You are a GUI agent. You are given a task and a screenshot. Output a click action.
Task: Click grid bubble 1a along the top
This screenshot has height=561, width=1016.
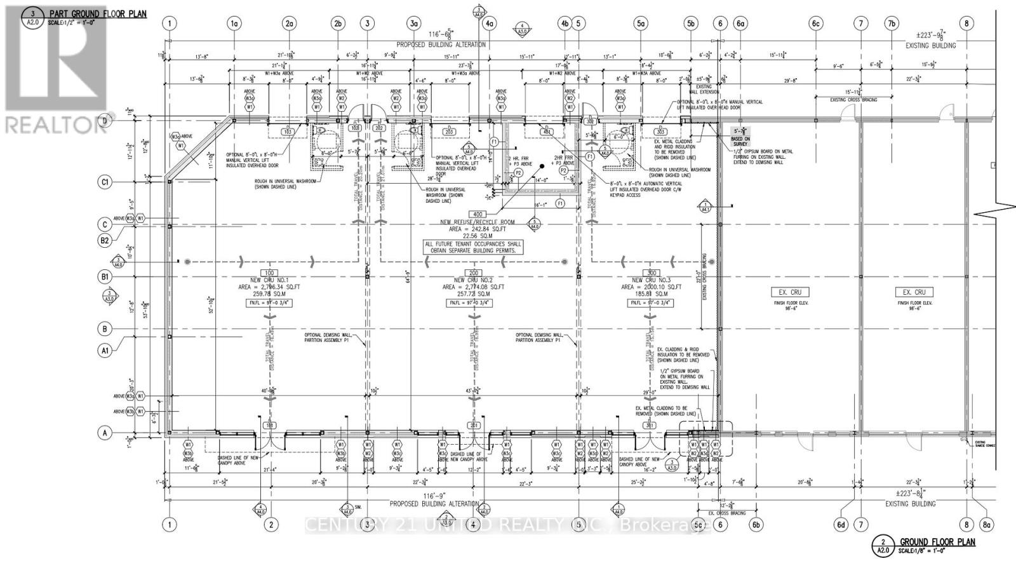pos(235,24)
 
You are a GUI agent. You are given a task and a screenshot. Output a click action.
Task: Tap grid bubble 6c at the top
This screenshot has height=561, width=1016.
pos(816,24)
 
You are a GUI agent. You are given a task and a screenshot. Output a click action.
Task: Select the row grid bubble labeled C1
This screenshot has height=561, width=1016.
pos(105,182)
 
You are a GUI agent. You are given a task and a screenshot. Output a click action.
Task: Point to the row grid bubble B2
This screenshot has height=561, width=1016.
pos(105,240)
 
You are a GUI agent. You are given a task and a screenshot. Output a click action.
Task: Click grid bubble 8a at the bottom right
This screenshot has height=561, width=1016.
pos(986,525)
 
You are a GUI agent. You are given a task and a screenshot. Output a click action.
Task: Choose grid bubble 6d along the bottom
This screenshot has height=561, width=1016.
pos(841,525)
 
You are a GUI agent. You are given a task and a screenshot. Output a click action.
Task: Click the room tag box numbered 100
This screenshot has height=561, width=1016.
pos(268,273)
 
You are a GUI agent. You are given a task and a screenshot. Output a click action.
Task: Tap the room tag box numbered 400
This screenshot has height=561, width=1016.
pos(477,215)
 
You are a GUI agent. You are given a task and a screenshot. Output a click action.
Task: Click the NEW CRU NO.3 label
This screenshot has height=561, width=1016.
pos(651,280)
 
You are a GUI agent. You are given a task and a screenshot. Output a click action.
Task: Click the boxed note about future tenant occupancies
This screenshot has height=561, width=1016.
pos(474,247)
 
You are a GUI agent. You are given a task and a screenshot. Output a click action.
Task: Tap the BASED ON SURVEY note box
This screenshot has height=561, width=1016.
pos(740,142)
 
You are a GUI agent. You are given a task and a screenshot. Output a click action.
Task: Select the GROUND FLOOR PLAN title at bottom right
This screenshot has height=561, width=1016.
pos(937,542)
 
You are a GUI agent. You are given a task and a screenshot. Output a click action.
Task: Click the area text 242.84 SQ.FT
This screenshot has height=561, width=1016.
pos(478,229)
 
